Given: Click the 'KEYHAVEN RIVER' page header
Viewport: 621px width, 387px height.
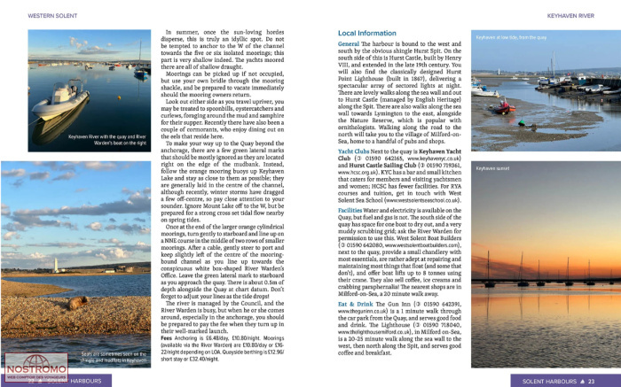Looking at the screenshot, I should click(x=587, y=15).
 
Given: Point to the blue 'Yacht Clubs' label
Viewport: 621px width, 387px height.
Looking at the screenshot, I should click(x=356, y=152).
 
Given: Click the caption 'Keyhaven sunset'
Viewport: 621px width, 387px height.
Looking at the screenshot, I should click(x=493, y=167).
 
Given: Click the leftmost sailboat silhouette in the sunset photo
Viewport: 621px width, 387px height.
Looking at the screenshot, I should click(x=487, y=275).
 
